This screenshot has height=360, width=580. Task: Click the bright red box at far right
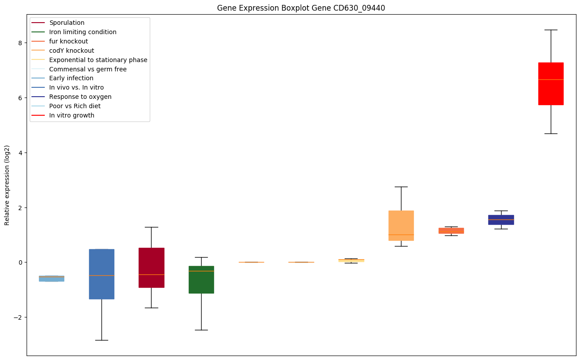click(551, 84)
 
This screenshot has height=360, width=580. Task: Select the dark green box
click(202, 280)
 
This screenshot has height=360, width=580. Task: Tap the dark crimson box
click(152, 267)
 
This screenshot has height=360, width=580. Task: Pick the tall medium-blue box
click(102, 274)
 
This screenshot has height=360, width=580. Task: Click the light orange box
click(401, 226)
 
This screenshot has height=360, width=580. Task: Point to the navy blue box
click(501, 219)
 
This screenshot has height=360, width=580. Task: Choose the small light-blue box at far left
click(52, 278)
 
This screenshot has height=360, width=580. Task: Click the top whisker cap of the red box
click(551, 30)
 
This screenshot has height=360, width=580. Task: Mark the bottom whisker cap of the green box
click(202, 330)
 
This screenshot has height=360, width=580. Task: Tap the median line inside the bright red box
click(551, 79)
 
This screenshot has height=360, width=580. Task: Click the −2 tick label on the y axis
click(18, 317)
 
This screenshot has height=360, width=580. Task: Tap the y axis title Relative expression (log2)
click(7, 185)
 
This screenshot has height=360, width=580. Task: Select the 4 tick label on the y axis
click(20, 153)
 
